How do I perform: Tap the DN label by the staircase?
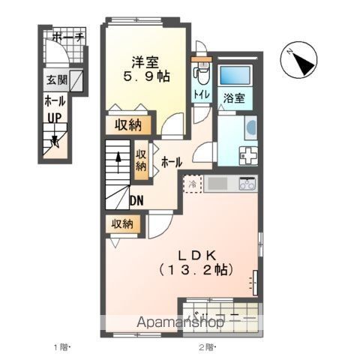pyautogui.click(x=136, y=200)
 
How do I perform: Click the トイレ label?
pyautogui.click(x=201, y=94)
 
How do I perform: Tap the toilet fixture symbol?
pyautogui.click(x=199, y=73)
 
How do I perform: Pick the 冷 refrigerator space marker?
pyautogui.click(x=192, y=184)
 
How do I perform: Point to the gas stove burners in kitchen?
pyautogui.click(x=247, y=184)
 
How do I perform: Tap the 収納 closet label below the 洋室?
pyautogui.click(x=129, y=125)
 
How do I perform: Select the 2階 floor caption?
pyautogui.click(x=206, y=347)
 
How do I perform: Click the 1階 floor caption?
pyautogui.click(x=61, y=347)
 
